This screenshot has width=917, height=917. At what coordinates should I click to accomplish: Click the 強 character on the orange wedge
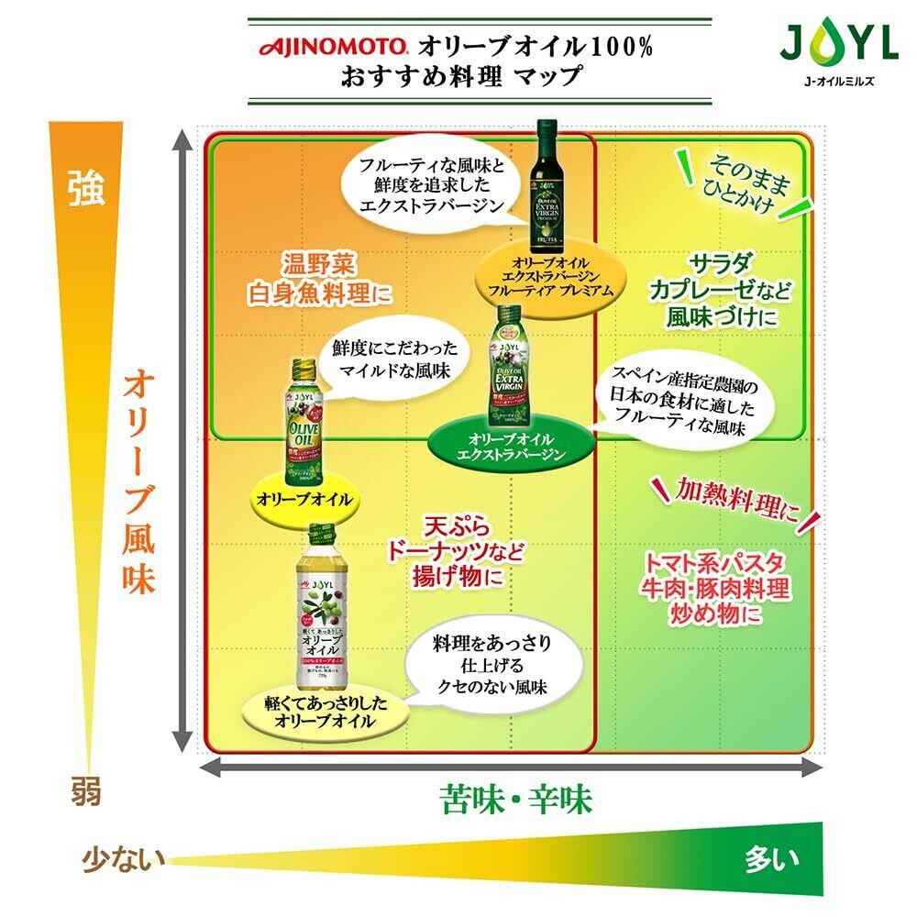(x=86, y=187)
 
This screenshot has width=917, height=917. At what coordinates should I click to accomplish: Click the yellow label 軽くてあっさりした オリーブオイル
(x=325, y=713)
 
